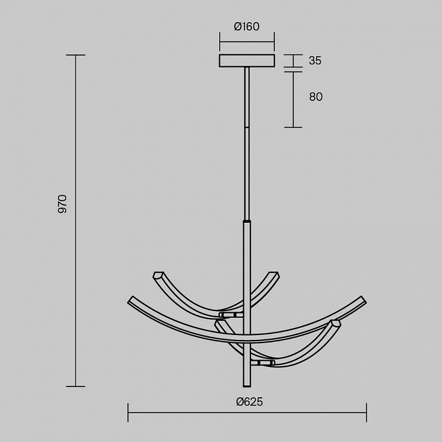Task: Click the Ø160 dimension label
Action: click(x=247, y=26)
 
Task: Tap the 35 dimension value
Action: click(x=315, y=60)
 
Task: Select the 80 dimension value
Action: click(x=316, y=97)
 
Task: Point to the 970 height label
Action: click(x=62, y=204)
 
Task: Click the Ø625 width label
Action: click(x=250, y=402)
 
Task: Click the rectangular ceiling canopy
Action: click(x=247, y=60)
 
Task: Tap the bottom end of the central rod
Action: click(x=247, y=386)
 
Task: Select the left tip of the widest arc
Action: click(x=130, y=300)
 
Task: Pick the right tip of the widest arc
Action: click(x=364, y=300)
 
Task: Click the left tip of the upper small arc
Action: click(x=156, y=275)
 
